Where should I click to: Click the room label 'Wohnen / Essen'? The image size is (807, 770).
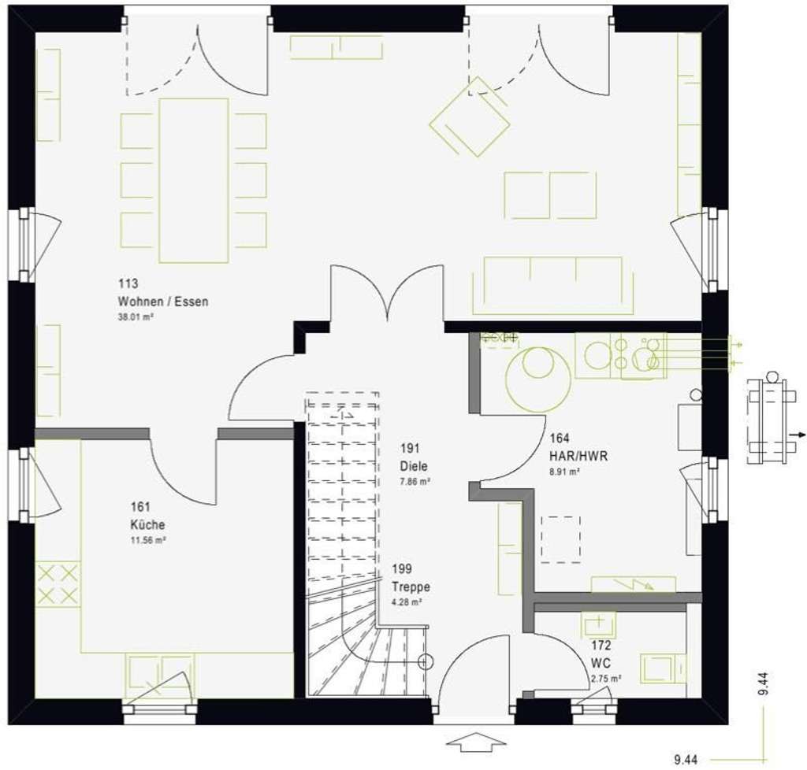[163, 302]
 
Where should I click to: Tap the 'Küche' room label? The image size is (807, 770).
[148, 525]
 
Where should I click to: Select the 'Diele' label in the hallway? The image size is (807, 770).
[414, 465]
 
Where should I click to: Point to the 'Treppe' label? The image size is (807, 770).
[411, 587]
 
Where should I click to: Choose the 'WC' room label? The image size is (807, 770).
[600, 662]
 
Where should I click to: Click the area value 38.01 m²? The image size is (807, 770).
[135, 317]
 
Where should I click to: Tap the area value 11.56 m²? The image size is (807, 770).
[148, 541]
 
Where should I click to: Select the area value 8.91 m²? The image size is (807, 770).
[565, 472]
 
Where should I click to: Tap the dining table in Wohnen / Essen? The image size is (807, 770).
[194, 180]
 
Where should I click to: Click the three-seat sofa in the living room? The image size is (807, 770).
[553, 284]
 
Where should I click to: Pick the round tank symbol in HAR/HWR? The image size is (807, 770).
[540, 379]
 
